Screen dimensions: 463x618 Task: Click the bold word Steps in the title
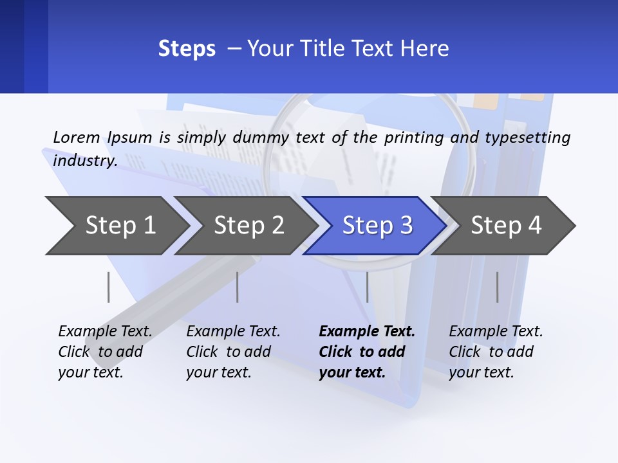pyautogui.click(x=187, y=49)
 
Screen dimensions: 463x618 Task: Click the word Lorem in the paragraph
pyautogui.click(x=77, y=137)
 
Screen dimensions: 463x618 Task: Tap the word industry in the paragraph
pyautogui.click(x=85, y=160)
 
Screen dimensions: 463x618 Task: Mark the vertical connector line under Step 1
pyautogui.click(x=109, y=287)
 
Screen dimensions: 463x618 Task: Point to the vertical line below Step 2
pyautogui.click(x=238, y=287)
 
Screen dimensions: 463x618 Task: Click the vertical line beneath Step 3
pyautogui.click(x=368, y=287)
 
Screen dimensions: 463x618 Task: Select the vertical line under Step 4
pyautogui.click(x=497, y=287)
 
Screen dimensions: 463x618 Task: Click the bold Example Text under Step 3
pyautogui.click(x=367, y=332)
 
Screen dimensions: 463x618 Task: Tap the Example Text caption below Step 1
pyautogui.click(x=105, y=332)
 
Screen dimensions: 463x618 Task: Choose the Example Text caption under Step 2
pyautogui.click(x=233, y=332)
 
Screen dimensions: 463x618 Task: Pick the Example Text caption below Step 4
pyautogui.click(x=496, y=332)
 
